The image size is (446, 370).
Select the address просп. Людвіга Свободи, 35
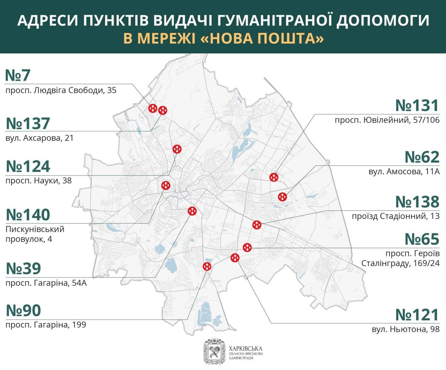coord(61,91)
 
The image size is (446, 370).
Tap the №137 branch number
coord(28,124)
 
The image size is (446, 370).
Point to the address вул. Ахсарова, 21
coord(40,138)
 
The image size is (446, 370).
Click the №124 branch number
coord(28,167)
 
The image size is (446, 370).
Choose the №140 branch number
coord(28,215)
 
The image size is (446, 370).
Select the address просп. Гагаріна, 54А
coord(46,283)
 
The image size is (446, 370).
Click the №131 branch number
coord(417,106)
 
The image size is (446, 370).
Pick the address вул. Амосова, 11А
coord(404,171)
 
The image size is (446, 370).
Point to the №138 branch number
coord(417,202)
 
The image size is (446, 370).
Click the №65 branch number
coord(422,239)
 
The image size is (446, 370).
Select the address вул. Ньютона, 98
coord(406,329)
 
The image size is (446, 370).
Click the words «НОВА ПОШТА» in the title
coord(262,39)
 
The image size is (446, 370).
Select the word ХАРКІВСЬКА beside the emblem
coord(246,348)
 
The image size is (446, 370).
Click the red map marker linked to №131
coord(274,177)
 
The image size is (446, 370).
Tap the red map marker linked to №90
coord(207,267)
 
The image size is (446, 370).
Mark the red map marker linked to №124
coord(177,149)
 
